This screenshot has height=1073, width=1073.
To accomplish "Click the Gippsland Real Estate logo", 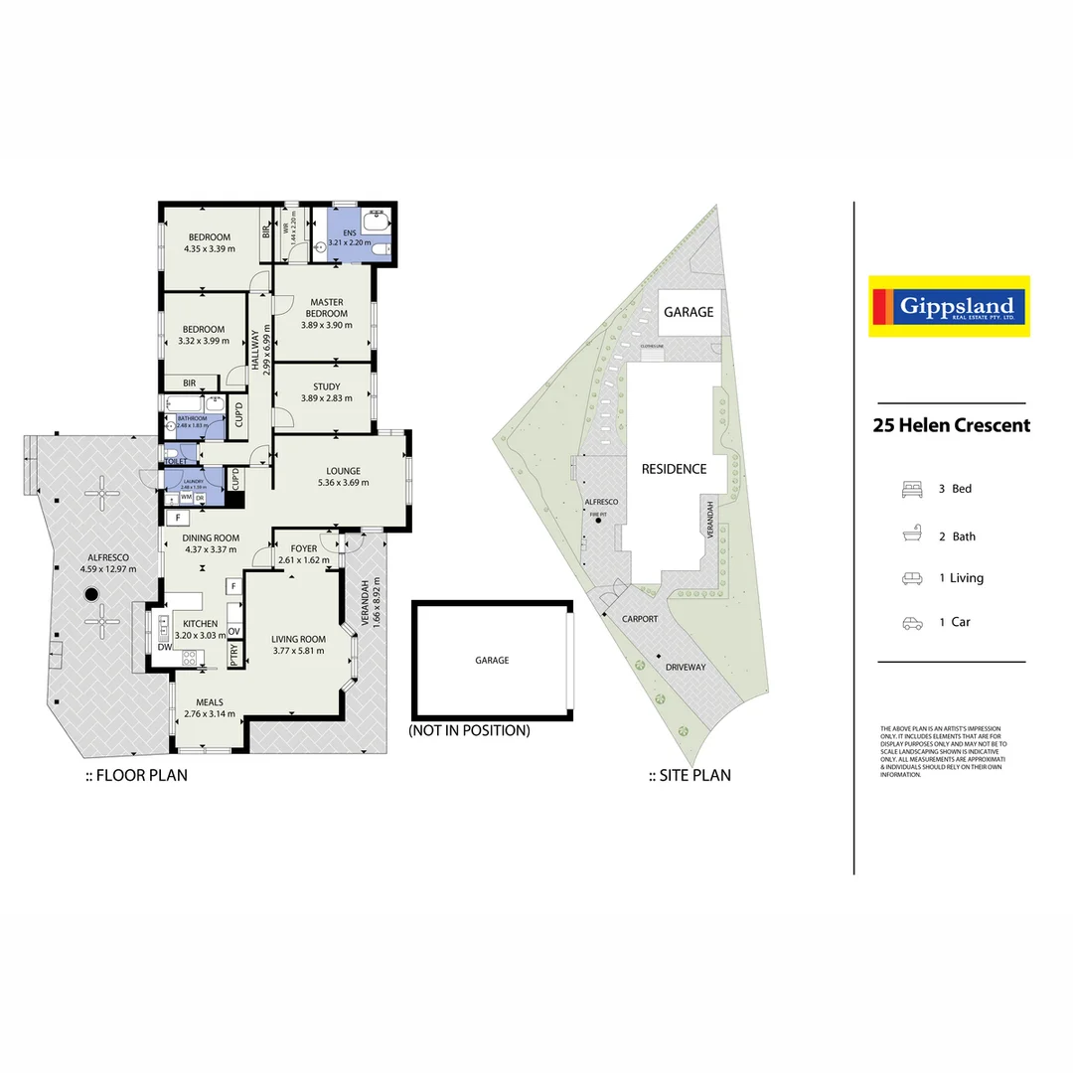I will (949, 306).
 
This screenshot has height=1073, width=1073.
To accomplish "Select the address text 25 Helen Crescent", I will (951, 425).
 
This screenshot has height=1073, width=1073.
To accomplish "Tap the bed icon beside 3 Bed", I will (911, 489).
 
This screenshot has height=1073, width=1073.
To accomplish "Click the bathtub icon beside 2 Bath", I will (911, 536).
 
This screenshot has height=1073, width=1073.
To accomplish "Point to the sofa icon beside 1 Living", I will (911, 578).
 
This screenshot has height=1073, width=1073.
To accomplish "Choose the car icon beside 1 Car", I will (911, 623).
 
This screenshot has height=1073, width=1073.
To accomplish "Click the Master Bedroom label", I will (327, 308).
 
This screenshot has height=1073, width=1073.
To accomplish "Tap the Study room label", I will (327, 386).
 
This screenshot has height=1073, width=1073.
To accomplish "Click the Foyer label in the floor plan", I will (304, 548).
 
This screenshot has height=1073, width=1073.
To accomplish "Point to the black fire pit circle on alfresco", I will (92, 594).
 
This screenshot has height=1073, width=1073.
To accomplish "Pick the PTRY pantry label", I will (234, 656).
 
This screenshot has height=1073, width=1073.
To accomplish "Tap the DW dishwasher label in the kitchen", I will (164, 648).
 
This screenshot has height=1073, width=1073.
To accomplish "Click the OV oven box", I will (234, 632).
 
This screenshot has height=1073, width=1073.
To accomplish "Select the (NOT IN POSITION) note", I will (469, 730).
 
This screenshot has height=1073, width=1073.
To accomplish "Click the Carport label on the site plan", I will (640, 618).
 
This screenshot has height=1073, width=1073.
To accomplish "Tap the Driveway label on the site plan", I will (686, 667).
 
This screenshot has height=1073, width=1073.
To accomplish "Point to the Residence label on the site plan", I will (674, 469).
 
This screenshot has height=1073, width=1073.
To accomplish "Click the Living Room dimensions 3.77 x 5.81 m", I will (299, 652).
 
